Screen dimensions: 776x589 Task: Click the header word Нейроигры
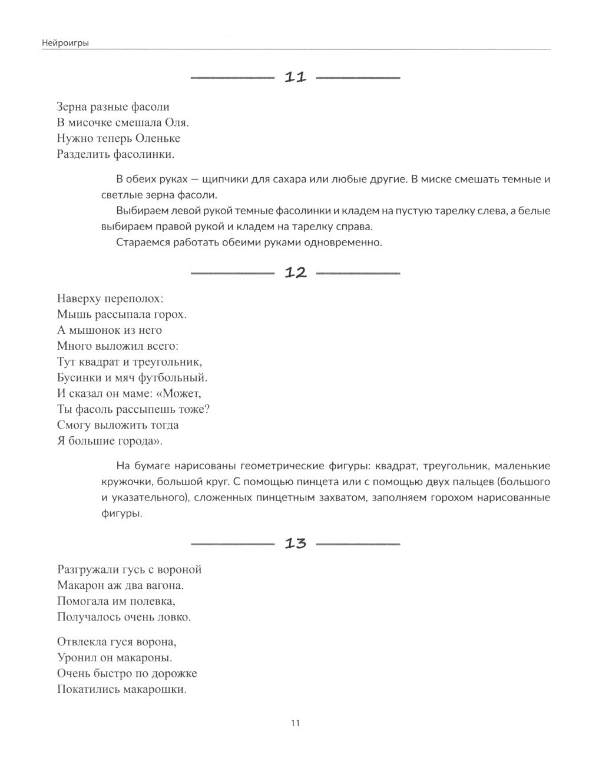[x=65, y=42]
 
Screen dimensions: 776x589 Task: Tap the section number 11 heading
[x=296, y=77]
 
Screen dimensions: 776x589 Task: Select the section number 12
[x=296, y=273]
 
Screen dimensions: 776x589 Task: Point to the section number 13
[x=296, y=543]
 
